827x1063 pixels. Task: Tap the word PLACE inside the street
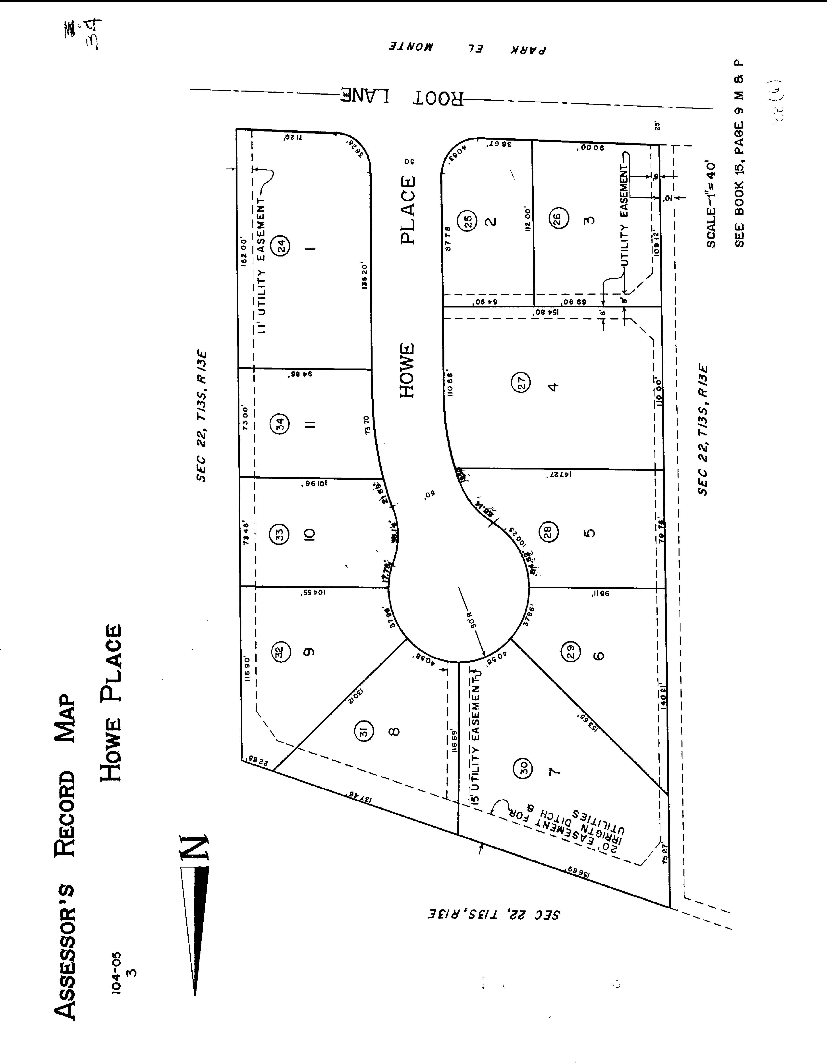[x=408, y=210]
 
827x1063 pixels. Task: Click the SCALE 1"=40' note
[x=711, y=204]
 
